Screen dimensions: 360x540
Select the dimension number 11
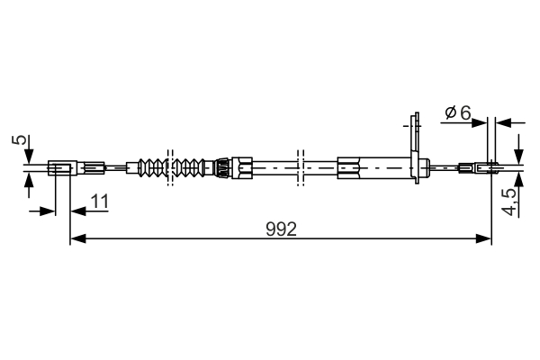(99, 202)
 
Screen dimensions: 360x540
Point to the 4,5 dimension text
(509, 200)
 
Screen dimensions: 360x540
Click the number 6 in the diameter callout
(464, 112)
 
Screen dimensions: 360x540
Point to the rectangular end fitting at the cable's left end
(59, 166)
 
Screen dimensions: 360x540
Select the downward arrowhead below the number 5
(28, 154)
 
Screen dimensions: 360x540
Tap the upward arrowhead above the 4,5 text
(519, 178)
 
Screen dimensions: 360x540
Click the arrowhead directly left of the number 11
(78, 211)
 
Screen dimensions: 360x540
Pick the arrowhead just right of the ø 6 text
(481, 121)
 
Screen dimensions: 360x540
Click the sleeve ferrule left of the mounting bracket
(352, 166)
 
